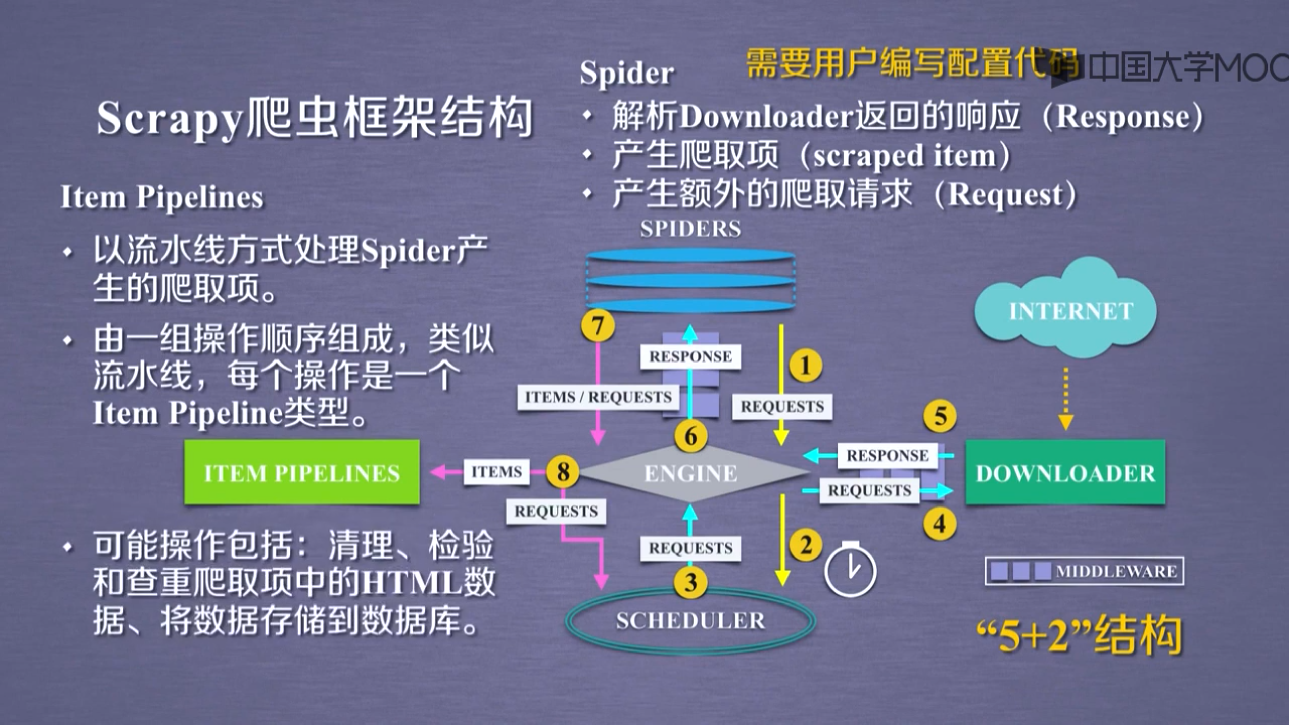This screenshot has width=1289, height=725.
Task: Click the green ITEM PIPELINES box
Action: pos(302,472)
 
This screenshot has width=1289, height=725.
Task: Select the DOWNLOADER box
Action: pos(1065,472)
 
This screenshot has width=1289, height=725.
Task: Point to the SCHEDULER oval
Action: pos(690,620)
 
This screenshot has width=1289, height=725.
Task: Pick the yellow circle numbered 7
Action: pos(598,326)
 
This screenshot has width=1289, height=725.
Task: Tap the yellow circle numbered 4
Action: pos(939,524)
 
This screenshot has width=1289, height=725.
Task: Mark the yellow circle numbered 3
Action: pos(690,582)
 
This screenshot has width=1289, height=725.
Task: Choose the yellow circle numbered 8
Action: pos(563,471)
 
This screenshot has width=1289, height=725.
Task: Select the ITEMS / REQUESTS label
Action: pos(598,397)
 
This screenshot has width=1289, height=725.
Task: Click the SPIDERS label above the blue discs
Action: pos(690,229)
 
